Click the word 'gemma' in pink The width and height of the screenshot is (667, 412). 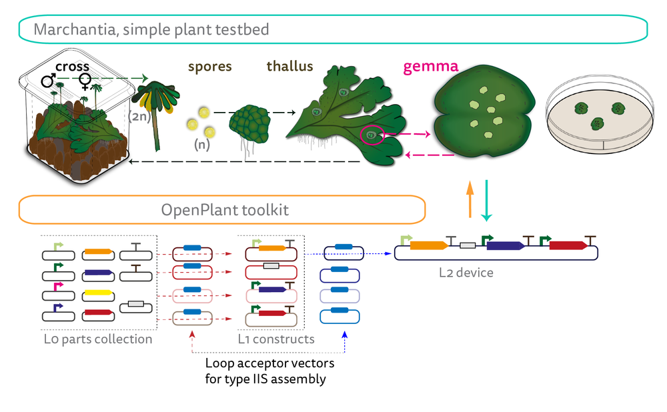pyautogui.click(x=431, y=67)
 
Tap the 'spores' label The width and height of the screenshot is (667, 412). pyautogui.click(x=209, y=67)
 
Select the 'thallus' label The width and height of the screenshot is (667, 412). pyautogui.click(x=289, y=67)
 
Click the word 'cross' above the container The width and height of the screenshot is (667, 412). pyautogui.click(x=72, y=67)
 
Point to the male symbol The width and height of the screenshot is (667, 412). pyautogui.click(x=49, y=81)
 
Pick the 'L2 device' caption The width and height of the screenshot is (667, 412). pyautogui.click(x=466, y=273)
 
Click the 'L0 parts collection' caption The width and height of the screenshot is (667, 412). pyautogui.click(x=98, y=339)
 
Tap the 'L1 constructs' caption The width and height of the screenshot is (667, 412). pyautogui.click(x=276, y=339)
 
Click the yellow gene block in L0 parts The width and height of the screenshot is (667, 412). pyautogui.click(x=97, y=294)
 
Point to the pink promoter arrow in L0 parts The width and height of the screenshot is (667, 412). pyautogui.click(x=58, y=286)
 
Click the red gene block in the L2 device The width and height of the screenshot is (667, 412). pyautogui.click(x=568, y=245)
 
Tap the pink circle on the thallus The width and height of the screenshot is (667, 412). pyautogui.click(x=371, y=135)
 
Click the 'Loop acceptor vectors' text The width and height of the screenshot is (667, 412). pyautogui.click(x=269, y=365)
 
